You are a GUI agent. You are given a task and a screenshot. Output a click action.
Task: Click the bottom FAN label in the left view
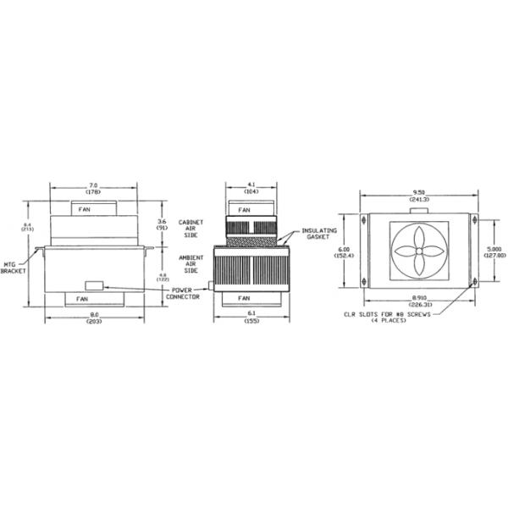pos(82,299)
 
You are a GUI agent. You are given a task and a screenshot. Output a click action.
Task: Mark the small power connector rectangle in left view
pos(94,285)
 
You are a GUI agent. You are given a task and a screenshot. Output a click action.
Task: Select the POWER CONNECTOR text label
pos(183,293)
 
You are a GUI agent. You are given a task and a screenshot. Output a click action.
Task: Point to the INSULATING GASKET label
pos(319,233)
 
